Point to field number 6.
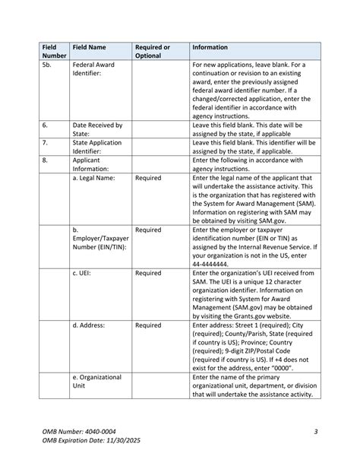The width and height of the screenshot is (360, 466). point(46,125)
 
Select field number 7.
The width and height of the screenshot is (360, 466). point(46,142)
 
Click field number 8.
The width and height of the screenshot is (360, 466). point(46,160)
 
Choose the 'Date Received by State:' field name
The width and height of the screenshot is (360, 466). point(98,129)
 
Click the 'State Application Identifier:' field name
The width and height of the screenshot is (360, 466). point(96,147)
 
